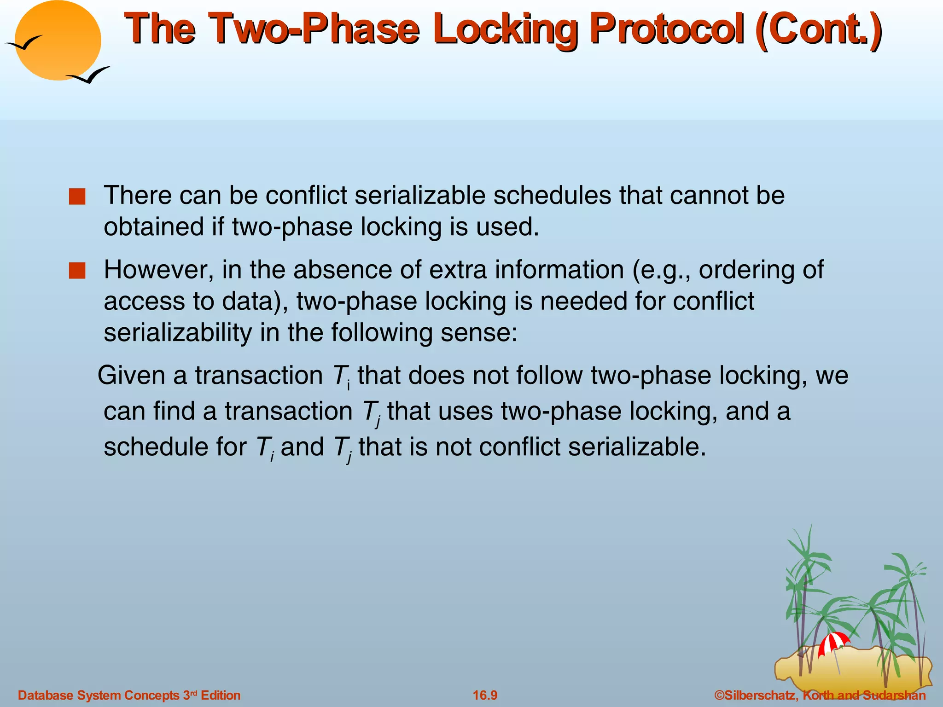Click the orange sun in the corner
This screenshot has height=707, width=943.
[58, 41]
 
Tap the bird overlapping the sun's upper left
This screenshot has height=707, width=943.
[24, 43]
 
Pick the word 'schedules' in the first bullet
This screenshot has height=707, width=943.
[552, 195]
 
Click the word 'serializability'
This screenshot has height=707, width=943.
[177, 333]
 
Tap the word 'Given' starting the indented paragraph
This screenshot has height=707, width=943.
[131, 375]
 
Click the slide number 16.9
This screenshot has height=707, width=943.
[485, 695]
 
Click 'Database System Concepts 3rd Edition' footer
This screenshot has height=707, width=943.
[129, 695]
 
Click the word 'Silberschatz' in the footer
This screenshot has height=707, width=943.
[760, 695]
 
